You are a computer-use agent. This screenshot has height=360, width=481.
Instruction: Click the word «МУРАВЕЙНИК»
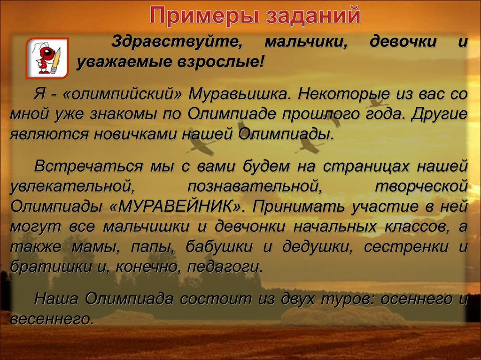point(185,207)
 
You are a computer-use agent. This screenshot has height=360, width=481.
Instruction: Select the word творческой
point(421,186)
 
